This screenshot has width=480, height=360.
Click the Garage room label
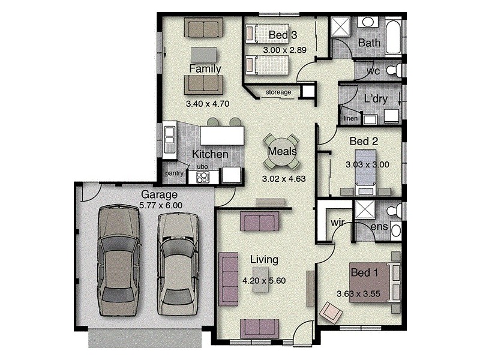[x=159, y=194]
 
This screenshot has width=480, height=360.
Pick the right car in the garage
[x=179, y=261]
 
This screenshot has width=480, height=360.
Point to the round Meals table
[x=282, y=151]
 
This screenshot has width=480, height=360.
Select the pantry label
[x=175, y=174]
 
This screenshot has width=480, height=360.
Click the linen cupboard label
[x=350, y=118]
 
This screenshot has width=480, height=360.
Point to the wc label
[x=374, y=71]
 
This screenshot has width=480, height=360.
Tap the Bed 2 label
[x=364, y=142]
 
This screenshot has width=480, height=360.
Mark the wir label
[x=337, y=224]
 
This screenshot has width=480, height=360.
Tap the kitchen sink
[x=169, y=138]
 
